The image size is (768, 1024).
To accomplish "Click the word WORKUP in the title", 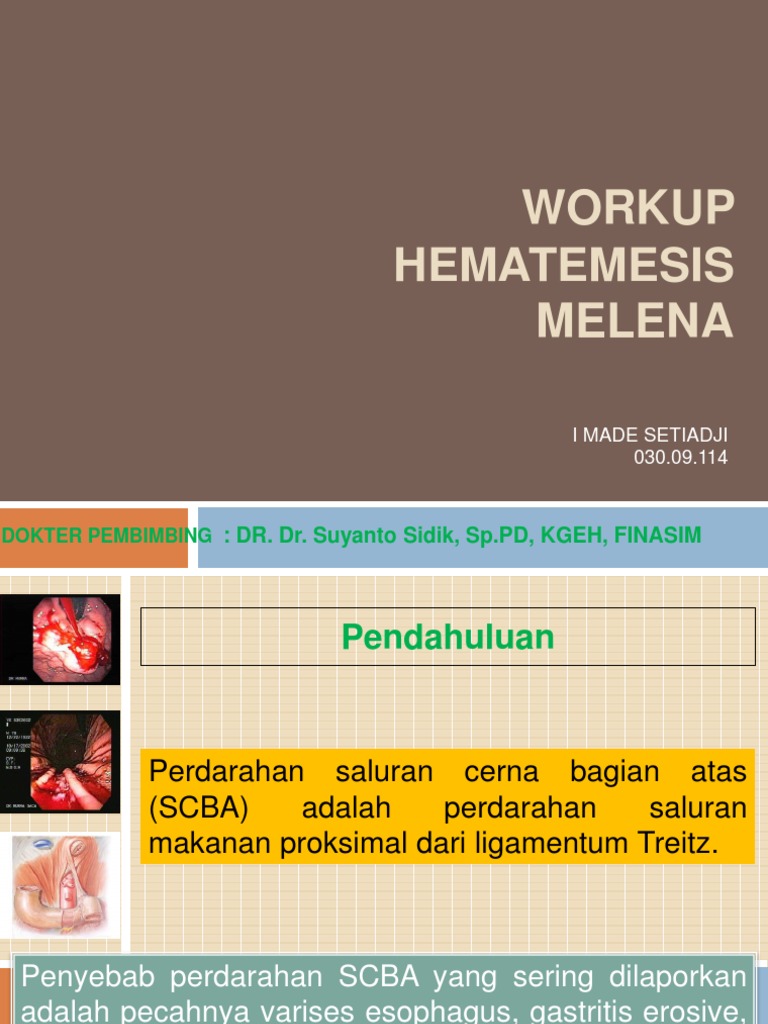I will (628, 208).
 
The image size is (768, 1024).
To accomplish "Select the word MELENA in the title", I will (635, 321).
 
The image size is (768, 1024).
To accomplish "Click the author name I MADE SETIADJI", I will (650, 435).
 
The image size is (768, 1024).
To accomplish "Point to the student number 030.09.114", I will (681, 458).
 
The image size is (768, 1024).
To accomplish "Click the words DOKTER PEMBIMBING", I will (107, 536).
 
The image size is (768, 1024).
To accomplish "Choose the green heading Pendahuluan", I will (448, 637).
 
